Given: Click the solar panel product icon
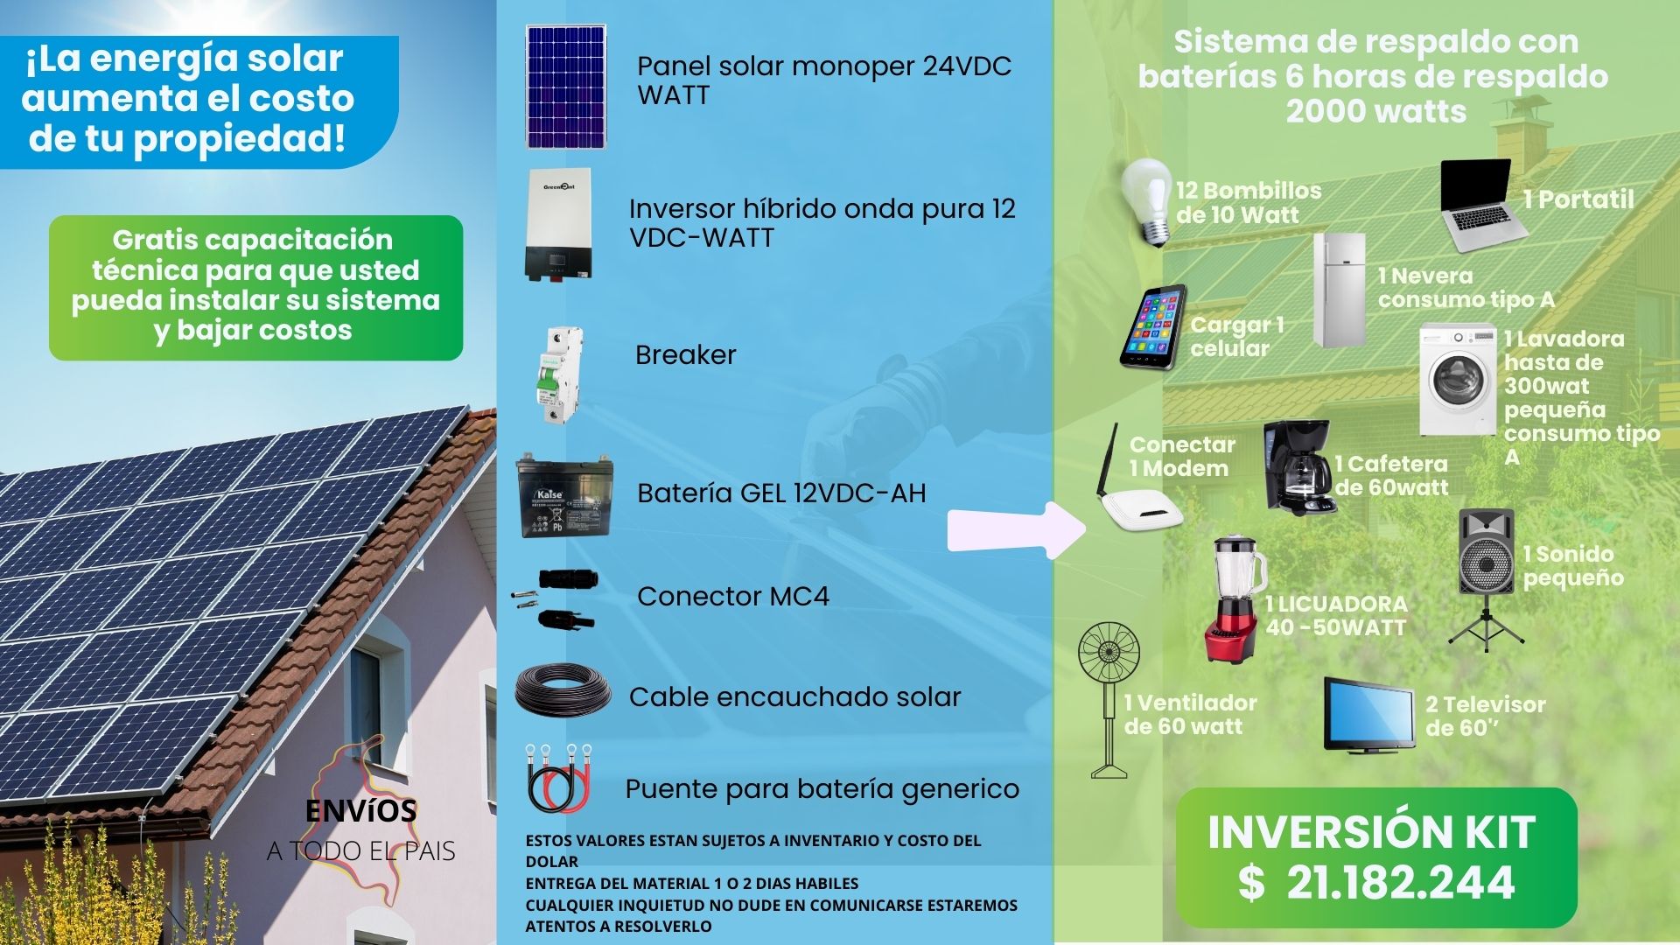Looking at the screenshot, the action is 565,87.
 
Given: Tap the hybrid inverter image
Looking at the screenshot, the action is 557,225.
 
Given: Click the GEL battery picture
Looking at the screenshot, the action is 563,495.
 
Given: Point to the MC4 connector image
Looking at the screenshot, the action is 556,599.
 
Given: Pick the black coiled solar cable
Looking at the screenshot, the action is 563,691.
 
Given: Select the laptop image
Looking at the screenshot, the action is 1483,206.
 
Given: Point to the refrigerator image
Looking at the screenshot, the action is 1339,290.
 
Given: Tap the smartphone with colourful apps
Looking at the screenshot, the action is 1154,326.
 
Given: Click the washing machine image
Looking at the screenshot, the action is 1458,380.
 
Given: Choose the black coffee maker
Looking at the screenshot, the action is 1298,468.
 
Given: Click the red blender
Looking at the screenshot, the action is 1235,600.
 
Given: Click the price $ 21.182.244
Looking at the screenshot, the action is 1376,882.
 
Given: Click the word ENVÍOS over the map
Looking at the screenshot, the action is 361,811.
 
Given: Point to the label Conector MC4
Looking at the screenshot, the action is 733,596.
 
